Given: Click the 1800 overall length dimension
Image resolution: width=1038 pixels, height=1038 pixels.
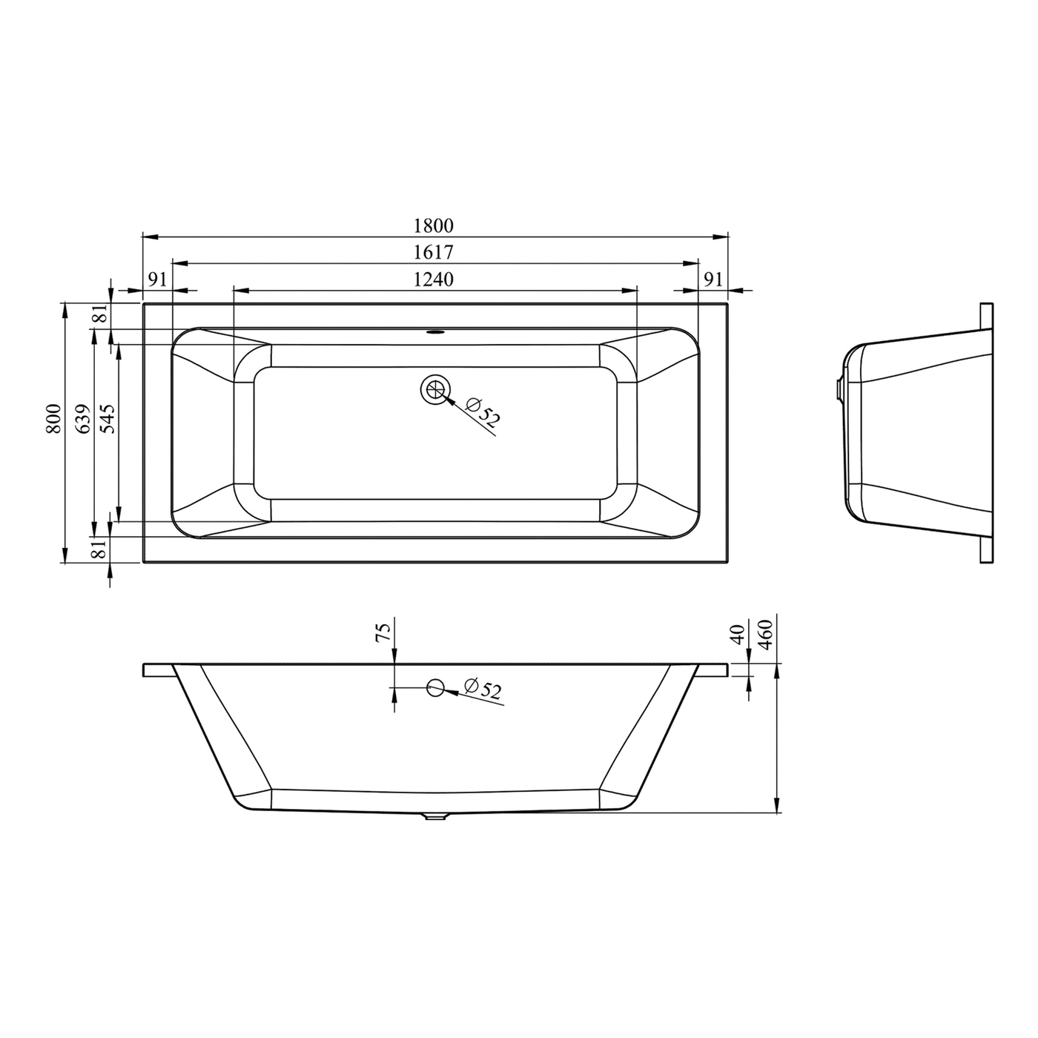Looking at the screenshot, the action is (x=433, y=225).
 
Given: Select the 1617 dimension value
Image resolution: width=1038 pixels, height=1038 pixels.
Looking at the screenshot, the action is (x=433, y=252).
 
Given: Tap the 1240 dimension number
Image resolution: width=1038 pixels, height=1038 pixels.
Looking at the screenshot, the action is (x=433, y=279).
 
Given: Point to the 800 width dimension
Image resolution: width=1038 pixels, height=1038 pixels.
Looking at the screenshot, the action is (x=53, y=419).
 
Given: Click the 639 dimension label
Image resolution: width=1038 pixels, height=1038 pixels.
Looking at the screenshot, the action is (x=82, y=419).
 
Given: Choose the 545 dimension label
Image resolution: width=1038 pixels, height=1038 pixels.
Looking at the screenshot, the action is (x=108, y=419).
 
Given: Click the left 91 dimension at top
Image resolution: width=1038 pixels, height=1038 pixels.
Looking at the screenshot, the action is (x=156, y=279).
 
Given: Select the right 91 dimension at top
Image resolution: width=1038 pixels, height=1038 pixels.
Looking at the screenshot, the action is (x=713, y=279).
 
